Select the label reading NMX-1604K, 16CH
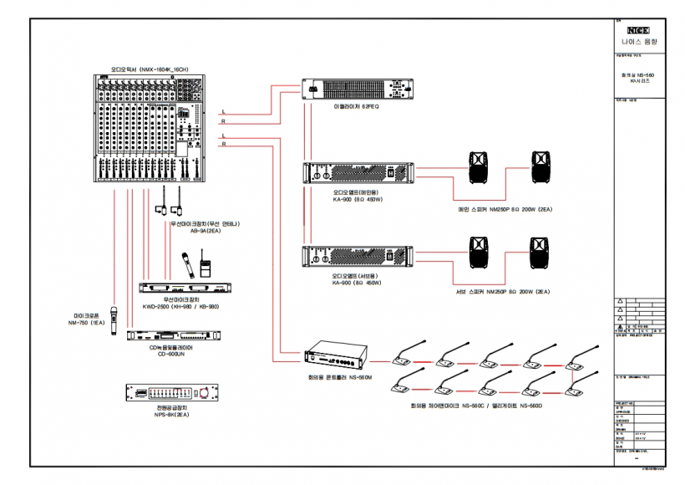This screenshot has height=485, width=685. pyautogui.click(x=148, y=69)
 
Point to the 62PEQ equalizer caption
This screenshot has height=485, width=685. pyautogui.click(x=357, y=107)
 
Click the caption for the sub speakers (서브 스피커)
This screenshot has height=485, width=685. pyautogui.click(x=505, y=292)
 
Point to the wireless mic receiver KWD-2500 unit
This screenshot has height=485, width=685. pyautogui.click(x=185, y=287)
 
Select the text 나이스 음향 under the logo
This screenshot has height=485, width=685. pyautogui.click(x=639, y=39)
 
